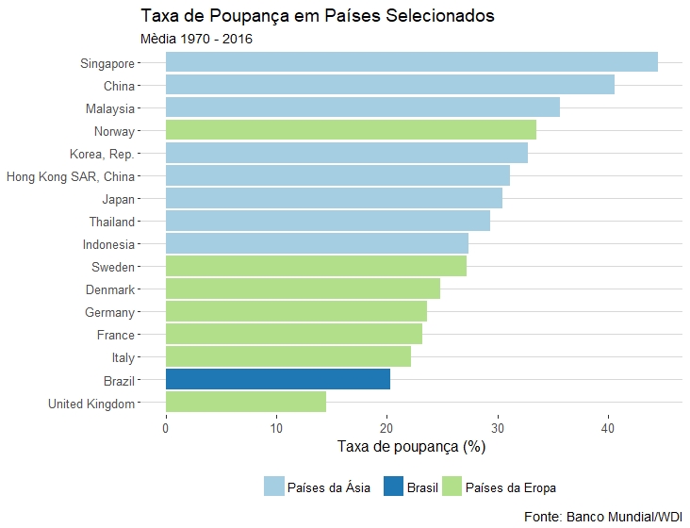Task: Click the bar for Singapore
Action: tap(411, 62)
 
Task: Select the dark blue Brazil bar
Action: tap(277, 379)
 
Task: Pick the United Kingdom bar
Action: tap(245, 402)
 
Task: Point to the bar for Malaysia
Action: tap(362, 107)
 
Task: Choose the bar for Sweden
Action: tap(316, 266)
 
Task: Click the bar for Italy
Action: tap(287, 356)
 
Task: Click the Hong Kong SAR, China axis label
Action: tap(70, 176)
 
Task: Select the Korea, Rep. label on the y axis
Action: tap(102, 154)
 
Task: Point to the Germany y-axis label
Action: tap(109, 312)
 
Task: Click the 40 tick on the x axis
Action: tap(608, 429)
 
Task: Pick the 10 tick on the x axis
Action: tap(276, 429)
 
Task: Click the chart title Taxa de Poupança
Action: tap(317, 16)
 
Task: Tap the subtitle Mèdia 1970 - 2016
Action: tap(196, 40)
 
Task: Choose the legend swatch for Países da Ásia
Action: tap(274, 487)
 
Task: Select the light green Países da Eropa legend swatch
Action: tap(452, 487)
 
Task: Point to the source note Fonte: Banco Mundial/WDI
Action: tap(602, 517)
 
